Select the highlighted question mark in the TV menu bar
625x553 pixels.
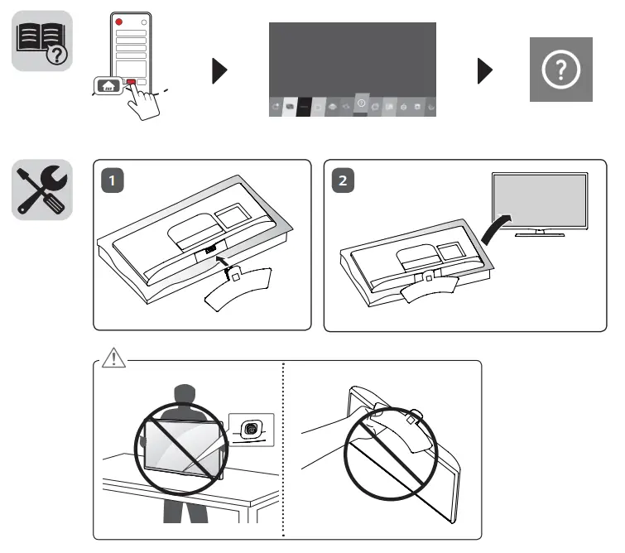(361, 103)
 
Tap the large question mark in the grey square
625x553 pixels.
(560, 70)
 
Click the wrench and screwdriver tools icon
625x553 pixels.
(41, 190)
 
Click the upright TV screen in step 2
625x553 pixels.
(540, 203)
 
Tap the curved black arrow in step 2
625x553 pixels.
(498, 231)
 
